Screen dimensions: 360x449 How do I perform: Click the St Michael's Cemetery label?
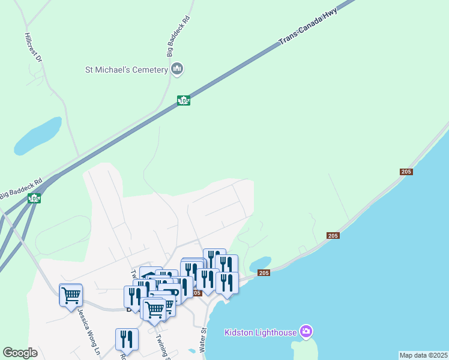(x=126, y=70)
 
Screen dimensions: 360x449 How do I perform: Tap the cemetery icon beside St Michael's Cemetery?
(x=176, y=70)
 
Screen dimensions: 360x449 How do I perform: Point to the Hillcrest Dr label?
(x=33, y=47)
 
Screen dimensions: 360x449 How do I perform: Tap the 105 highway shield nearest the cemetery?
(x=184, y=101)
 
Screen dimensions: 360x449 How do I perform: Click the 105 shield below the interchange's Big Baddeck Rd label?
(x=34, y=198)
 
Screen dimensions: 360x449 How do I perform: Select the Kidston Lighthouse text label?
(x=261, y=332)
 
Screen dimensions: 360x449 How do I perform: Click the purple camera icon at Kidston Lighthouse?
(x=307, y=331)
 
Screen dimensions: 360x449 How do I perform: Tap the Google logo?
(x=20, y=353)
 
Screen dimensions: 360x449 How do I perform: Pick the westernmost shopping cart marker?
(x=71, y=295)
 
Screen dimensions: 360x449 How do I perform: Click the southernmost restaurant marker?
(x=127, y=339)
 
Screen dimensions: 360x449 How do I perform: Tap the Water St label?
(x=203, y=340)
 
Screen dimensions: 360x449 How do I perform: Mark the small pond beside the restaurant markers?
(x=259, y=264)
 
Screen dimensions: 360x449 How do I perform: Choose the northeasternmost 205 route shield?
(x=406, y=172)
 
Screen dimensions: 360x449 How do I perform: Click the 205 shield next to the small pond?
(x=264, y=273)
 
